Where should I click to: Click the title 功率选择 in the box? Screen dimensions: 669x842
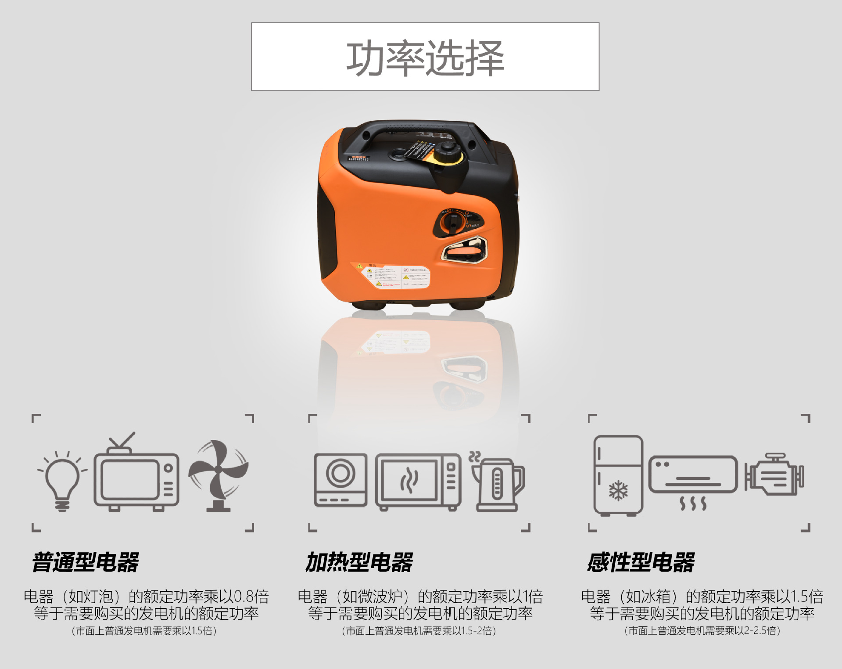coord(425,58)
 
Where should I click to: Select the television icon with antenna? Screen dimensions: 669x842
coord(136,476)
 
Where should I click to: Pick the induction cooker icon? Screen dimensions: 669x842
coord(340,480)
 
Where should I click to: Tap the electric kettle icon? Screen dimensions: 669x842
coord(498,483)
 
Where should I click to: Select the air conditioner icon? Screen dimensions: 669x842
coord(693,476)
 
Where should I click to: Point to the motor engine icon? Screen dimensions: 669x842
coord(774,475)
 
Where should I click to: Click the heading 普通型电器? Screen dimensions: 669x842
coord(86,562)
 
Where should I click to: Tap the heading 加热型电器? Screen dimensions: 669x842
coord(359,562)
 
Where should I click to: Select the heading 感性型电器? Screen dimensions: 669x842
coord(641,562)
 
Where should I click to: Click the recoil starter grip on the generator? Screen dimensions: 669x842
coord(465,252)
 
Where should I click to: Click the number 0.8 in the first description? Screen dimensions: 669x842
coord(244,597)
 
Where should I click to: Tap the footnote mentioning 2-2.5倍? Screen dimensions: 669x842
coord(702,631)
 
